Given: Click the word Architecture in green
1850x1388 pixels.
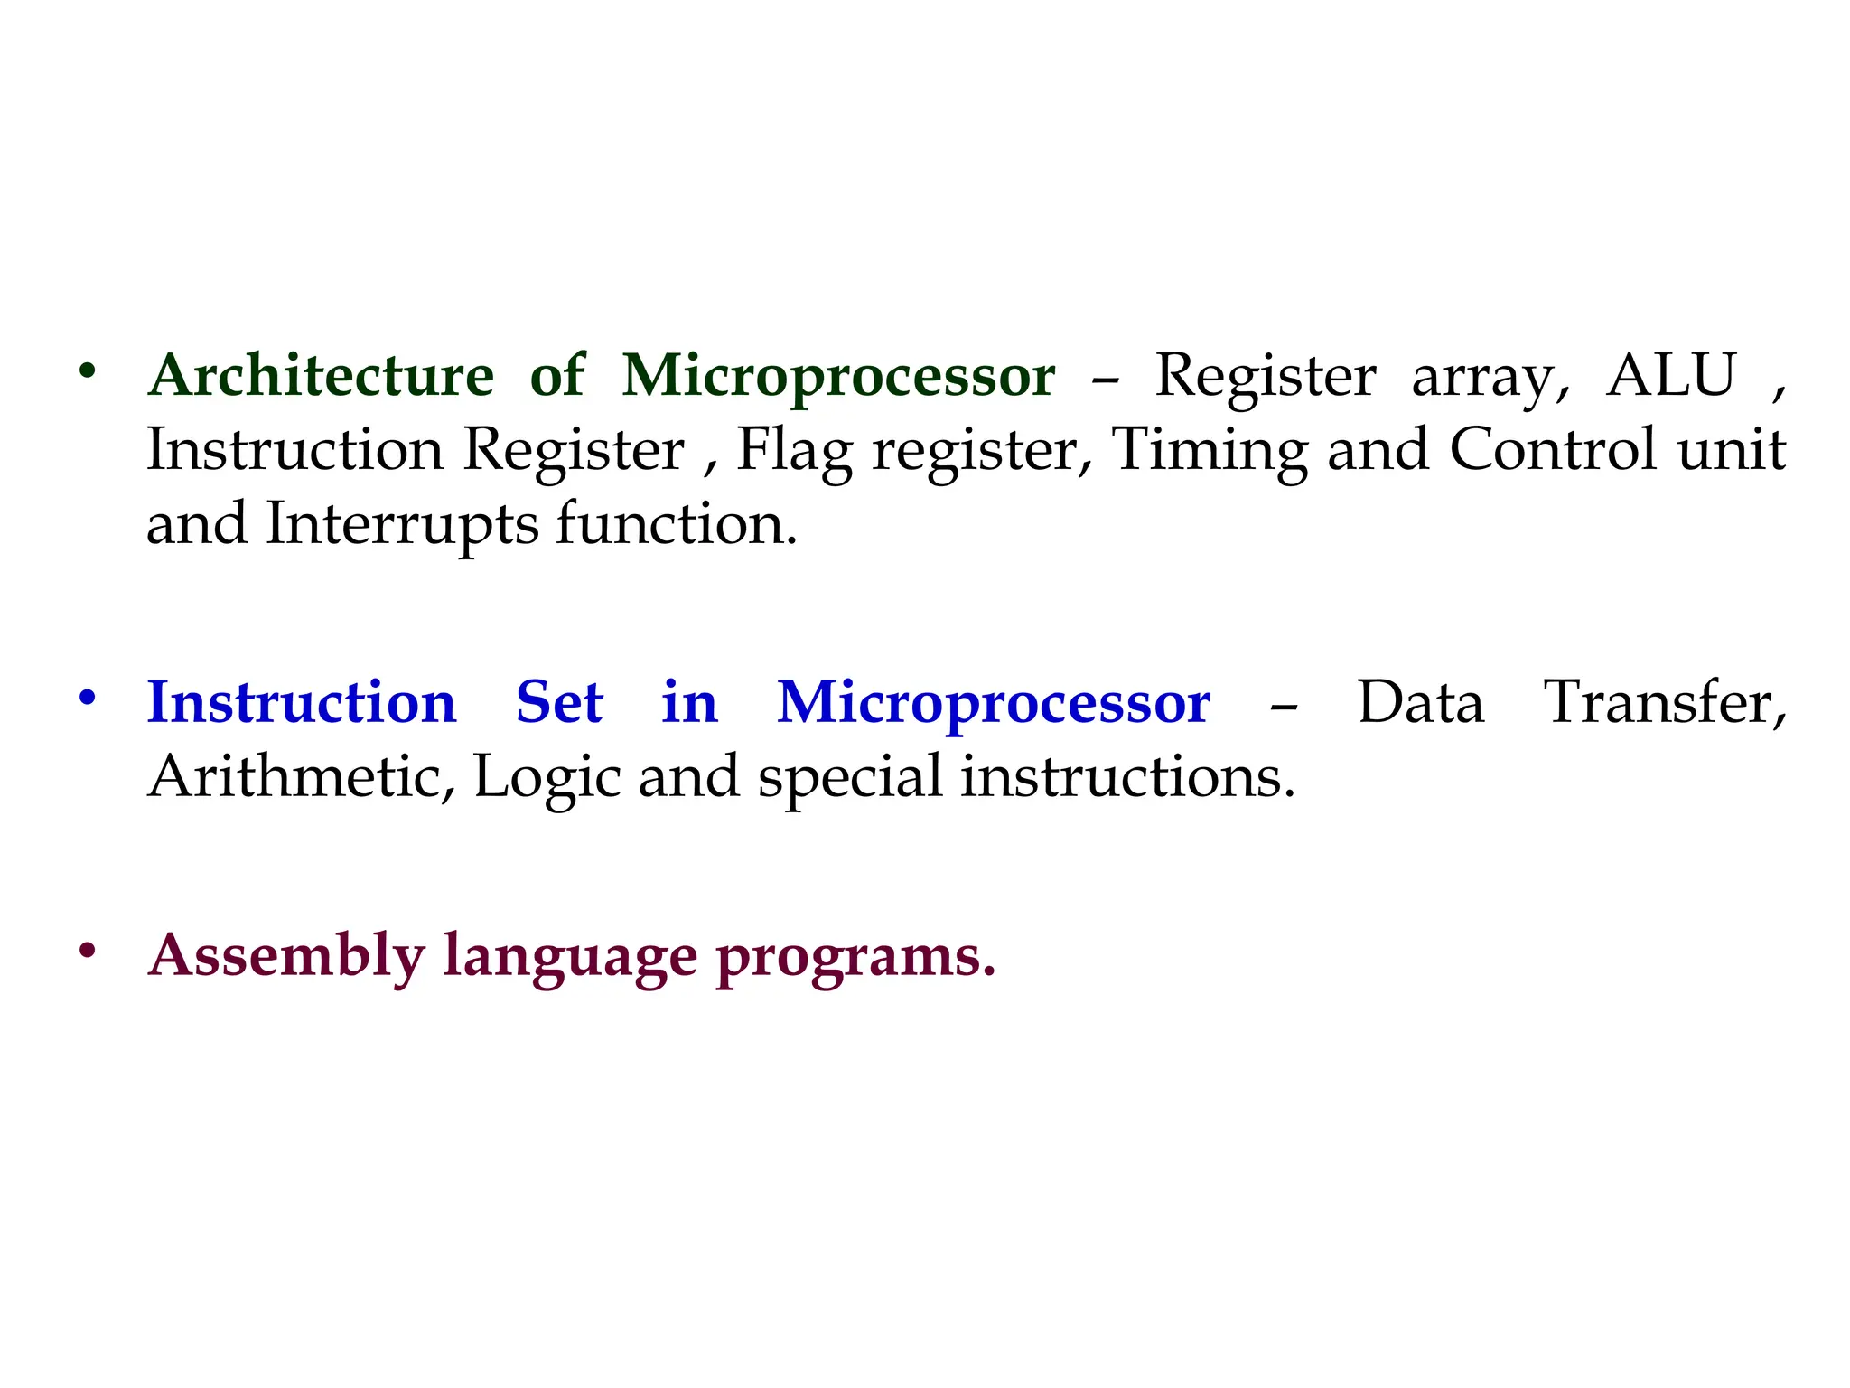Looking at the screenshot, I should coord(321,376).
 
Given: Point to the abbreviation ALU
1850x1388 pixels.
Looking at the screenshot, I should coord(1671,376).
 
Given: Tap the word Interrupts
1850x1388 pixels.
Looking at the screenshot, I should coord(402,525).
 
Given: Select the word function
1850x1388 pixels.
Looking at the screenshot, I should coord(676,523).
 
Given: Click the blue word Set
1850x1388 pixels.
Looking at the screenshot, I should coord(559,703).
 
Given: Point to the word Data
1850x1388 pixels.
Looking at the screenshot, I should coord(1420,703).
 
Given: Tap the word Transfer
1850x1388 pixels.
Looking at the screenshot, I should coord(1664,703).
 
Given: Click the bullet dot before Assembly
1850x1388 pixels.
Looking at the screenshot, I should coord(87,950).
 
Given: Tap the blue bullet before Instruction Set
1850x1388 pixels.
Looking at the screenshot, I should coord(87,697).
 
